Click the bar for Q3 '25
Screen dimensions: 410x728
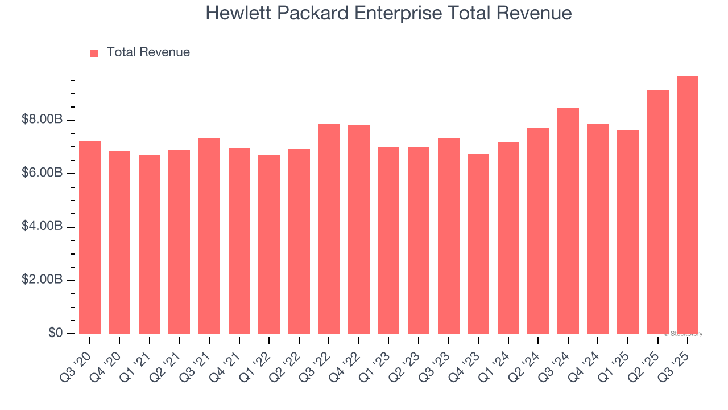click(x=688, y=204)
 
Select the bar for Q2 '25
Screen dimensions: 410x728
click(x=658, y=212)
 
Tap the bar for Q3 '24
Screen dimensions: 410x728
click(x=568, y=221)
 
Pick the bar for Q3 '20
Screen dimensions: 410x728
click(x=90, y=237)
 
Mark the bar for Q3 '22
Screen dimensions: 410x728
click(x=329, y=228)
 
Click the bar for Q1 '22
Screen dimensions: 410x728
click(x=269, y=244)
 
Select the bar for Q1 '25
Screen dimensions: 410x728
click(x=628, y=232)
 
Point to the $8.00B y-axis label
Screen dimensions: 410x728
click(x=42, y=120)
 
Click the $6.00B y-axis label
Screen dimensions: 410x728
click(x=42, y=173)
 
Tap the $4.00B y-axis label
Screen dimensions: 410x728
click(x=42, y=227)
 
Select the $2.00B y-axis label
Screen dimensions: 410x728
click(x=42, y=280)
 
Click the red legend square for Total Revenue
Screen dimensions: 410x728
click(x=94, y=53)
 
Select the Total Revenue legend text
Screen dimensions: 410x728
click(x=148, y=52)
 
